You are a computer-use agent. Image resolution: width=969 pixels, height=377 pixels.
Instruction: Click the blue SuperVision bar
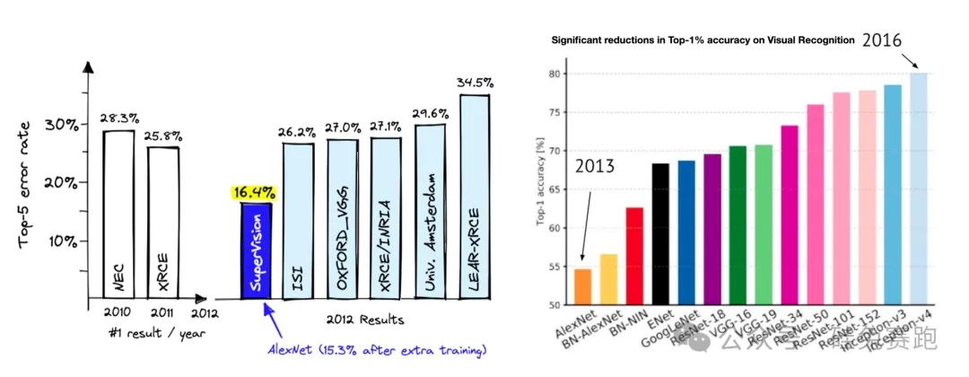256,251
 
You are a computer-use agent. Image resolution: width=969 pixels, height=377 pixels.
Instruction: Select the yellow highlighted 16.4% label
253,192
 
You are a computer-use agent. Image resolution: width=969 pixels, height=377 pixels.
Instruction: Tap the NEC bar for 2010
119,215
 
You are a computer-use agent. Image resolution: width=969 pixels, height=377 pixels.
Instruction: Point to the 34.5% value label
476,83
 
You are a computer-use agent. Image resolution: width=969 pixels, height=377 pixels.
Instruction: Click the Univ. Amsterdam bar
431,211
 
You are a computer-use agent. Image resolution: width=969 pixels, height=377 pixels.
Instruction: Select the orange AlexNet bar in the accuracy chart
582,287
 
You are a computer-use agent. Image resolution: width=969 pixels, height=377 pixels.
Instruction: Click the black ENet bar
660,234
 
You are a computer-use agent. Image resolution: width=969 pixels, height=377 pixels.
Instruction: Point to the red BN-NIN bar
634,256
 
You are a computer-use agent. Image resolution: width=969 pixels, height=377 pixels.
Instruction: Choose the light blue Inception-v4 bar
918,188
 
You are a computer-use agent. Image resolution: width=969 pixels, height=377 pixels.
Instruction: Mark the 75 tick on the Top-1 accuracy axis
554,112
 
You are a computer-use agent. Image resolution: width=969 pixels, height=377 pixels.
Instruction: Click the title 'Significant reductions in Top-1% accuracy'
703,40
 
